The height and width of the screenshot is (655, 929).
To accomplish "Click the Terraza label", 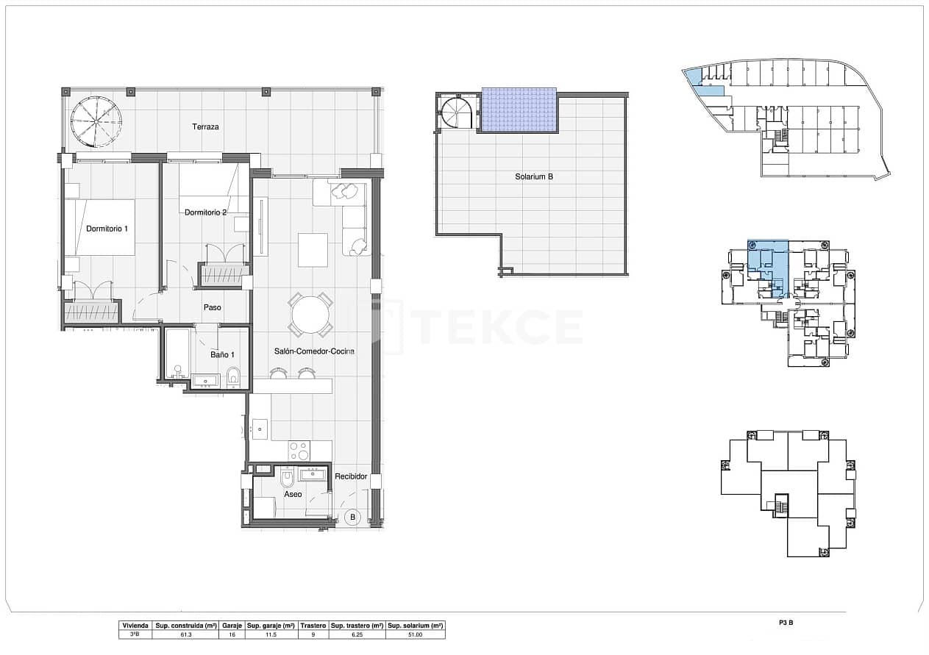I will [205, 127].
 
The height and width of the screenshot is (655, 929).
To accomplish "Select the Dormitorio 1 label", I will [107, 229].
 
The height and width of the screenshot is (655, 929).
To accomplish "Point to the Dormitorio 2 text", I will [205, 212].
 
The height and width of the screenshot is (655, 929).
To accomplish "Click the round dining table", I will [310, 315].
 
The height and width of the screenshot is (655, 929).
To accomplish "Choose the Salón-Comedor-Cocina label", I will [314, 351].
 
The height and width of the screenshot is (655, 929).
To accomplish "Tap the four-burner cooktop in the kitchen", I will [299, 450].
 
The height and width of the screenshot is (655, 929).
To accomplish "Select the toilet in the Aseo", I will [288, 479].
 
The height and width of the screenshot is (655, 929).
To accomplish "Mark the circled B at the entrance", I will [352, 517].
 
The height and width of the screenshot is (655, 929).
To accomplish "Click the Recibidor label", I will [351, 476].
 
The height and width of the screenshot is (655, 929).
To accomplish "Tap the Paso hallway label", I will [213, 307].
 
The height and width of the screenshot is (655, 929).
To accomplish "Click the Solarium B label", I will [533, 176].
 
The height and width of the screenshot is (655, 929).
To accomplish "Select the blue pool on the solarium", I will [519, 110].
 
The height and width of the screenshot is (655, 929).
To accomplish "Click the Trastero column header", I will [313, 625].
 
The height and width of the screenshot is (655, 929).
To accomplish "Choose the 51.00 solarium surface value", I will [415, 634].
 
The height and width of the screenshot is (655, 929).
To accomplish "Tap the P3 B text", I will [786, 623].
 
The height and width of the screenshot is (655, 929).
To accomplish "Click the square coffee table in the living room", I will [313, 249].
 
